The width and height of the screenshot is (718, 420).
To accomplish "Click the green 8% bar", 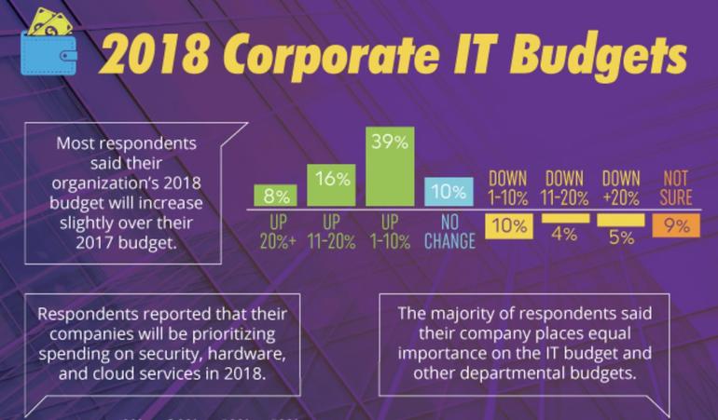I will pyautogui.click(x=276, y=195).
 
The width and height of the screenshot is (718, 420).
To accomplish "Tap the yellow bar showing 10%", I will pyautogui.click(x=508, y=226).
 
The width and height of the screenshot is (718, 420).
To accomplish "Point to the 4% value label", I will pyautogui.click(x=564, y=235).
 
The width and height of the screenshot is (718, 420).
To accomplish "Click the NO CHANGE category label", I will pyautogui.click(x=448, y=231).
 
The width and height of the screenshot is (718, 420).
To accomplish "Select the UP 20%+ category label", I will pyautogui.click(x=277, y=231).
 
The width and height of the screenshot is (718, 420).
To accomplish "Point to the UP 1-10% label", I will pyautogui.click(x=389, y=231).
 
